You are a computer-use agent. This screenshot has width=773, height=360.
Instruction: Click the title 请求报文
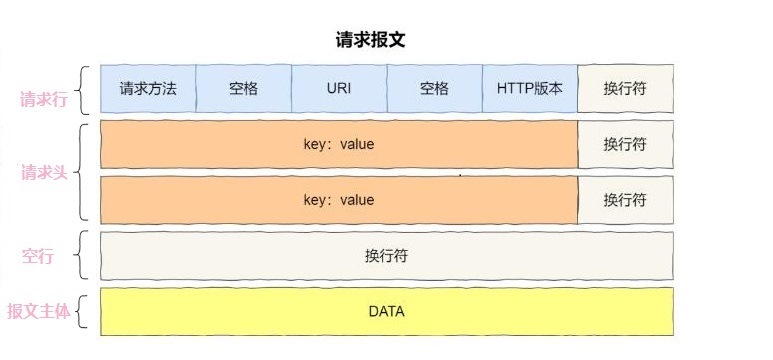pyautogui.click(x=370, y=40)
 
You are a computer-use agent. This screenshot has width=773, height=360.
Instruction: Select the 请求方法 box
pyautogui.click(x=148, y=88)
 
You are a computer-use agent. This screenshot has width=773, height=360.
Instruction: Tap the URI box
pyautogui.click(x=339, y=88)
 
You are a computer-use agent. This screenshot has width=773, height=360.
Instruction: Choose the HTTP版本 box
pyautogui.click(x=530, y=88)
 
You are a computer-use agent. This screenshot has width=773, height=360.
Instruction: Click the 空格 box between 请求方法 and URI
pyautogui.click(x=243, y=88)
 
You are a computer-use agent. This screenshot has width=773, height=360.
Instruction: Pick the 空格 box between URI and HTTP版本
pyautogui.click(x=434, y=88)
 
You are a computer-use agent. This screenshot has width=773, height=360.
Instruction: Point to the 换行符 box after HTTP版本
pyautogui.click(x=625, y=88)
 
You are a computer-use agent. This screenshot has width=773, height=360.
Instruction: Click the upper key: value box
pyautogui.click(x=339, y=144)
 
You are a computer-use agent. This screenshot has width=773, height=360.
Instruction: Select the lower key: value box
pyautogui.click(x=339, y=200)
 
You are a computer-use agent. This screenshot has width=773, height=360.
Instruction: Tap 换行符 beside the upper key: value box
pyautogui.click(x=625, y=144)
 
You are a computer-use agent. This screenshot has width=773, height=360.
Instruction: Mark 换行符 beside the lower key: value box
pyautogui.click(x=625, y=200)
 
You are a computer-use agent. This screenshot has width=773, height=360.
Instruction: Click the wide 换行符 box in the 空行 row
pyautogui.click(x=386, y=256)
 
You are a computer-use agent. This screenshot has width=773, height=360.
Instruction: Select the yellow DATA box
pyautogui.click(x=386, y=312)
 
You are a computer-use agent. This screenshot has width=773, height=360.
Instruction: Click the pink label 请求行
pyautogui.click(x=43, y=99)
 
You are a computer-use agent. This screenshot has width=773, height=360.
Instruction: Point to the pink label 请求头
pyautogui.click(x=43, y=172)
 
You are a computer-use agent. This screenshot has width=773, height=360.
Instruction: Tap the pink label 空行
pyautogui.click(x=37, y=256)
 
